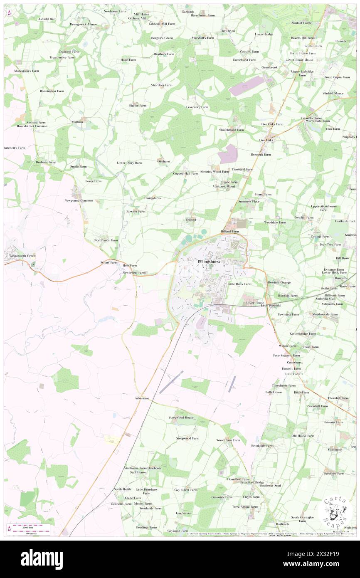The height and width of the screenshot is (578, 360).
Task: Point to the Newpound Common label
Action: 79,200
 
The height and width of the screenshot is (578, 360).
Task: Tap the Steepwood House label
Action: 181,417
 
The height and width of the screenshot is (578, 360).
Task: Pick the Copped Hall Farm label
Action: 185,173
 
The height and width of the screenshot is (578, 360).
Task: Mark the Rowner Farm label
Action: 136,211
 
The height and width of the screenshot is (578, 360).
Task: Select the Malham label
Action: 77,122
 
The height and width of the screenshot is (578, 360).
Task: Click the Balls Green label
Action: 274,392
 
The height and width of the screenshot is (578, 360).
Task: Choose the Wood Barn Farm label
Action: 228,440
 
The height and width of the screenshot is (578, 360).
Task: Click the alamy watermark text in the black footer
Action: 42,559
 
